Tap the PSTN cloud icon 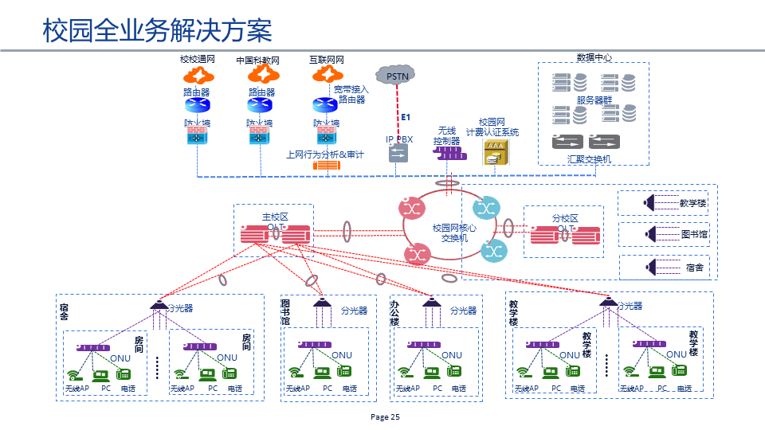[x=396, y=76]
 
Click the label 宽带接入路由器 [x=351, y=95]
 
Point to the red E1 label [x=406, y=118]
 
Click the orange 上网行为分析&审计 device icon [x=327, y=166]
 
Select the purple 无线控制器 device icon [x=450, y=152]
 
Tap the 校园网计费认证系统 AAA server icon [x=494, y=152]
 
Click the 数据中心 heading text [x=594, y=58]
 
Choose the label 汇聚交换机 [x=589, y=159]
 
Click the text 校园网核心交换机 [x=454, y=233]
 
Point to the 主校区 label [x=274, y=217]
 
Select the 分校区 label [x=564, y=218]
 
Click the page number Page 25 [x=385, y=417]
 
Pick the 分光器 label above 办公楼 [x=463, y=311]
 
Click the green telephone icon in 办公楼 [x=454, y=371]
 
